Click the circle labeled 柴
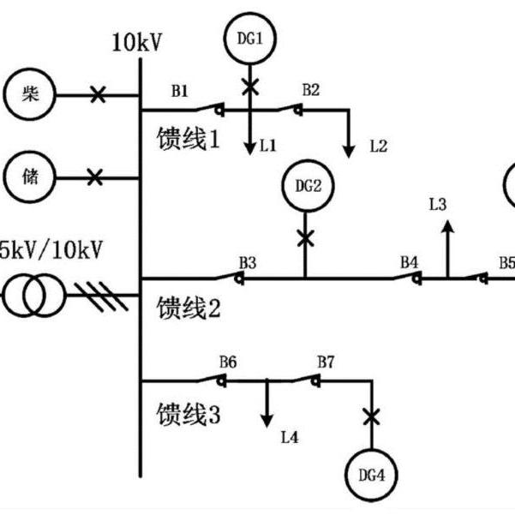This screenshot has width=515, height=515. [30, 94]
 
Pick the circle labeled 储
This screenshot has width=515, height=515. [30, 177]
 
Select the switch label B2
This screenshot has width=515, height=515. [310, 89]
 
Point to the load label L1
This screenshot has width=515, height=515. [268, 147]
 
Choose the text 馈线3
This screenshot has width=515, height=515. [189, 416]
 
